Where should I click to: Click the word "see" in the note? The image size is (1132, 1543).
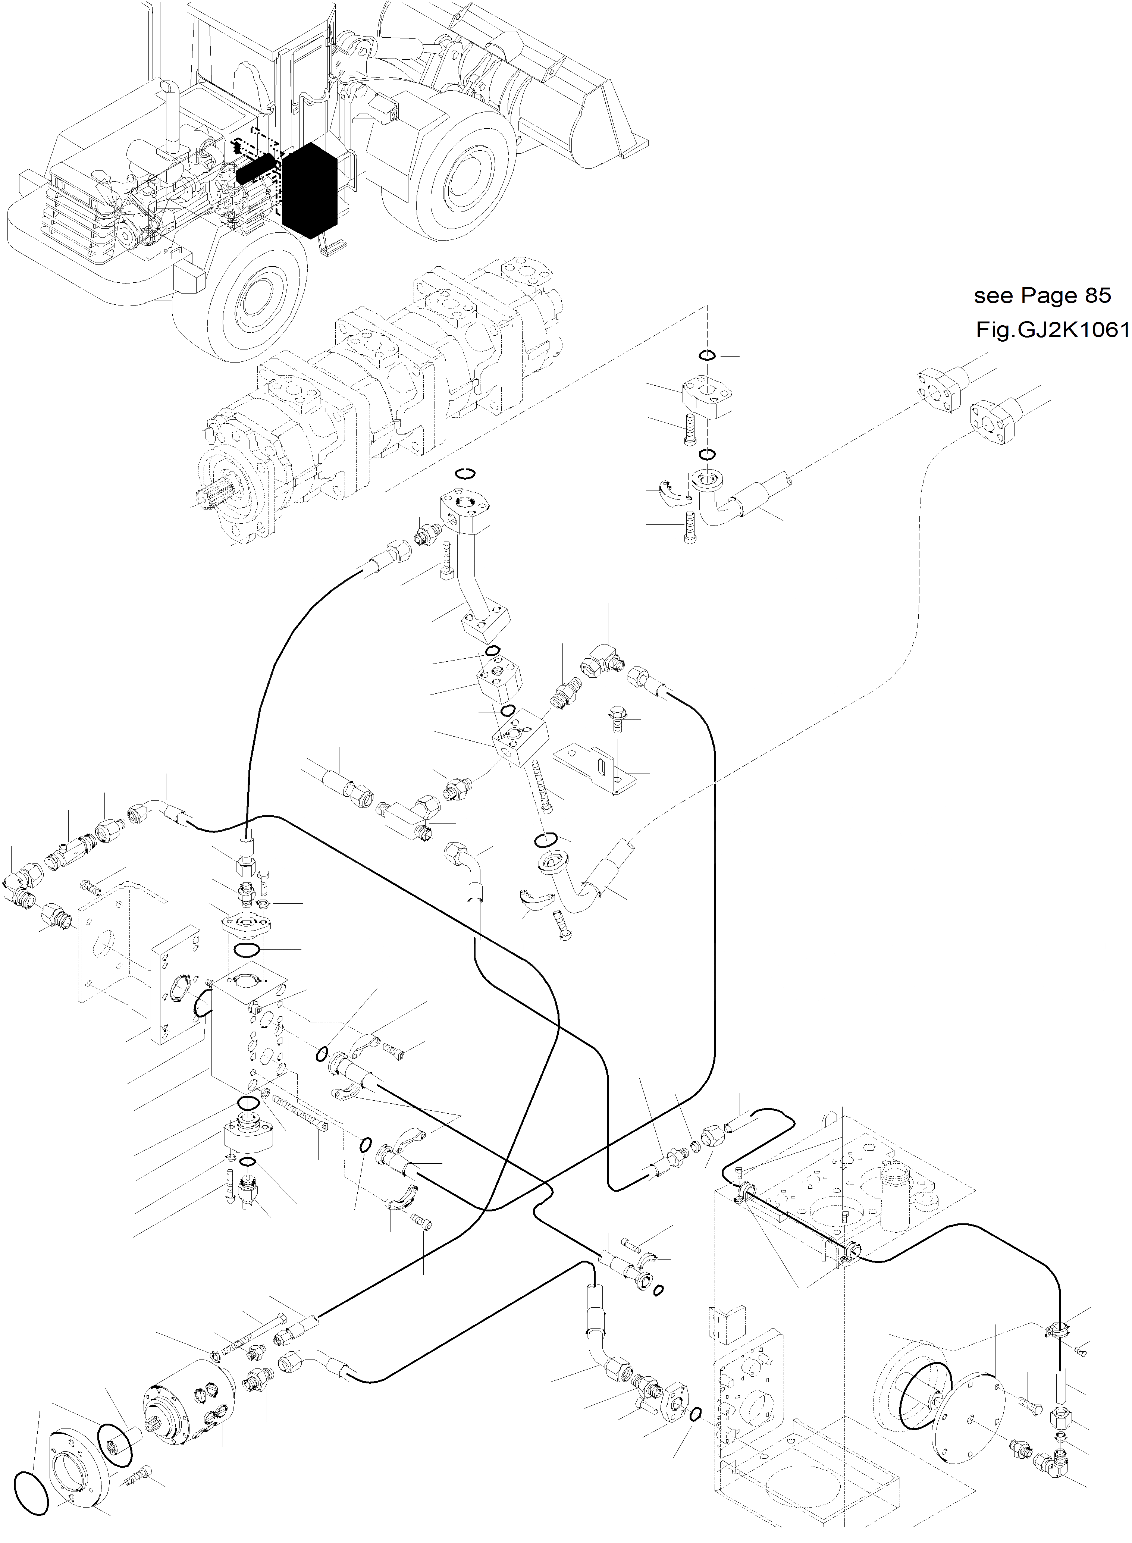pos(994,296)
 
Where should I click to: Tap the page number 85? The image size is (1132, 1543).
pos(1096,296)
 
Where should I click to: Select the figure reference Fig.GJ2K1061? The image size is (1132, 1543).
pos(1053,331)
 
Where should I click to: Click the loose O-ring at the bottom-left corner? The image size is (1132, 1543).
pos(32,1473)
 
